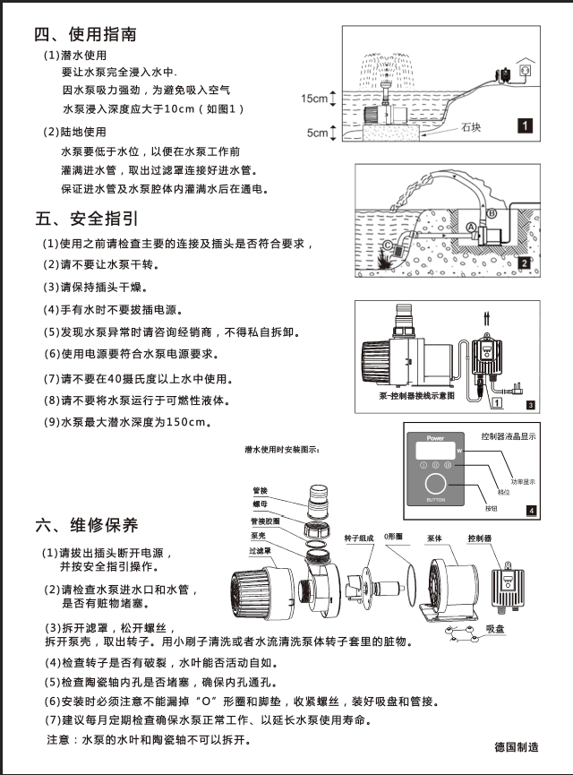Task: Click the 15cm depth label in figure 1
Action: click(x=312, y=99)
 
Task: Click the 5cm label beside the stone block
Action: click(x=317, y=133)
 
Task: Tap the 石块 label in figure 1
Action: click(x=472, y=127)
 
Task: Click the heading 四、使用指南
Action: click(x=85, y=35)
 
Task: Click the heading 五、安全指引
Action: click(x=85, y=218)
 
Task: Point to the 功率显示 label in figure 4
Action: click(x=524, y=480)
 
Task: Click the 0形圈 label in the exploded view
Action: click(x=394, y=539)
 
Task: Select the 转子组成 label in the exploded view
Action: click(x=359, y=539)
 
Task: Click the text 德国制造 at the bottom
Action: click(x=516, y=746)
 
